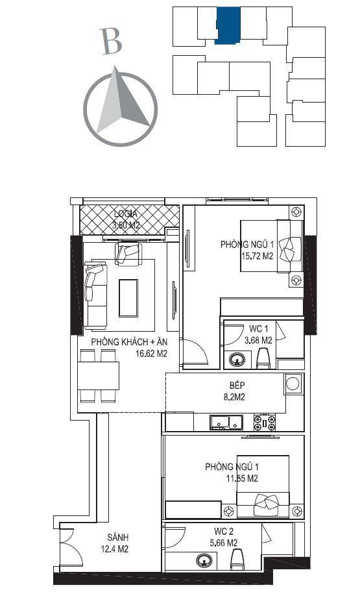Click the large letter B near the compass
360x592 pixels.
(112, 41)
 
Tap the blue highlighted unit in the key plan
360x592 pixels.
(228, 25)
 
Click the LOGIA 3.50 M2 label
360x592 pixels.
(126, 220)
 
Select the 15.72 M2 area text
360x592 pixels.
(258, 256)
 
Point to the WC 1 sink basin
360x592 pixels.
(237, 359)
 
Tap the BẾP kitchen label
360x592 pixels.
(237, 386)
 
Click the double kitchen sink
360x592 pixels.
(227, 422)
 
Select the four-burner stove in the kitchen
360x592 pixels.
(265, 422)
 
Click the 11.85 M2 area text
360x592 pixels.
(242, 478)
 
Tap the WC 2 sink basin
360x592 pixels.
(204, 561)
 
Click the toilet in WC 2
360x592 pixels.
(237, 560)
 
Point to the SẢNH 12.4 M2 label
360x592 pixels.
(115, 543)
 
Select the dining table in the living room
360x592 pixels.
(99, 376)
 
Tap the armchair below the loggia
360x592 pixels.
(128, 253)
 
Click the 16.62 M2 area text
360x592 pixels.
(151, 354)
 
